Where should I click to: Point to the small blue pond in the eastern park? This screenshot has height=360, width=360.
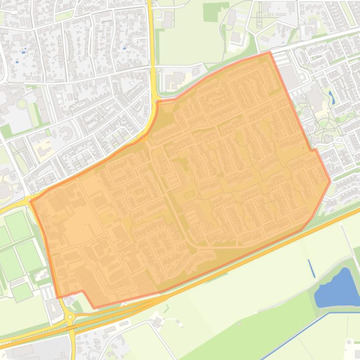(331, 97)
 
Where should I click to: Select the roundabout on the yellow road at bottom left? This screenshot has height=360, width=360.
(70, 317)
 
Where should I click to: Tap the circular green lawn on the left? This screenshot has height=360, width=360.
(22, 104)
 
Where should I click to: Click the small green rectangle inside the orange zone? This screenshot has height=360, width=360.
(188, 195)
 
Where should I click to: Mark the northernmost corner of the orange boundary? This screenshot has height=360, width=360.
(270, 52)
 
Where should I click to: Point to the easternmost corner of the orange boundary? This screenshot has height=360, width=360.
(331, 181)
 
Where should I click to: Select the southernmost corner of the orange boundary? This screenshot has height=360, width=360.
(95, 308)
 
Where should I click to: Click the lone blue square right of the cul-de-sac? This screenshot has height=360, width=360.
(124, 48)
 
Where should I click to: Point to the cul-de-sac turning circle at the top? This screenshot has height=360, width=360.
(136, 39)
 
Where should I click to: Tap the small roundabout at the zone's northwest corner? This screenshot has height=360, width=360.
(156, 100)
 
